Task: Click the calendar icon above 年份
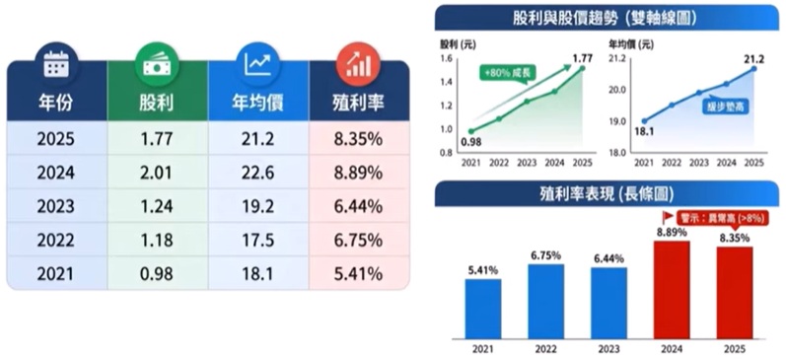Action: tap(56, 64)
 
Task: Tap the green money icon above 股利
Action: tap(157, 64)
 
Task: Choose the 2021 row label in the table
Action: tap(56, 273)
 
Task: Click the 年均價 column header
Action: tap(258, 103)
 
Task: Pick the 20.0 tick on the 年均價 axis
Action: tap(618, 90)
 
